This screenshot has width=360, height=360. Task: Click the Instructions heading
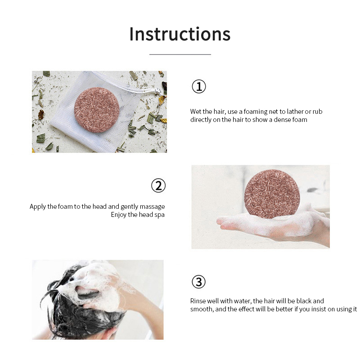click(180, 34)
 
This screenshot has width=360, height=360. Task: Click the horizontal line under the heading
click(180, 54)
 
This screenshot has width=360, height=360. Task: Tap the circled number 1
click(198, 86)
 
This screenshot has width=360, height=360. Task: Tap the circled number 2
click(158, 185)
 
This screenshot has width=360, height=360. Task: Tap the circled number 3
click(198, 282)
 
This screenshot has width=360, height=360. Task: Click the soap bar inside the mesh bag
click(97, 110)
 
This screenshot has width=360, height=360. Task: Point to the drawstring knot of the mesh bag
click(158, 91)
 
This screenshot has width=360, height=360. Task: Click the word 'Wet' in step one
click(195, 111)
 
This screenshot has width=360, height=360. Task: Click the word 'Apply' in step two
click(38, 207)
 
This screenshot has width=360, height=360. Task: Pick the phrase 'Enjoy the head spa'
click(138, 215)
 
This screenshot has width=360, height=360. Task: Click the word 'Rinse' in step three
click(198, 301)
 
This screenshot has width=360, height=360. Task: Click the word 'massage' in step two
click(153, 207)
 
